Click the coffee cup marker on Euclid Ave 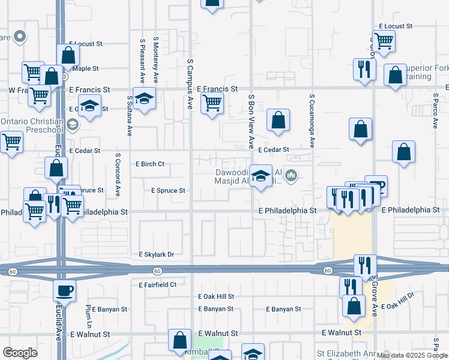pos(64,290)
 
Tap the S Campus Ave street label pos(190,84)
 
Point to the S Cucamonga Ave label pos(312,120)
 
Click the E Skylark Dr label pos(156,254)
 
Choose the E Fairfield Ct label pos(157,284)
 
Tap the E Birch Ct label pos(150,163)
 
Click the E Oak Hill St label pos(215,296)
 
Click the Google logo pos(20,352)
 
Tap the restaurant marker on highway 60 pos(364,266)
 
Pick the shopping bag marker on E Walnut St pos(179,341)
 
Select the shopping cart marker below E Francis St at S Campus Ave pos(212,103)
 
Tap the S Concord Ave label pos(118,174)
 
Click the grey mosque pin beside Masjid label pos(292,175)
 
